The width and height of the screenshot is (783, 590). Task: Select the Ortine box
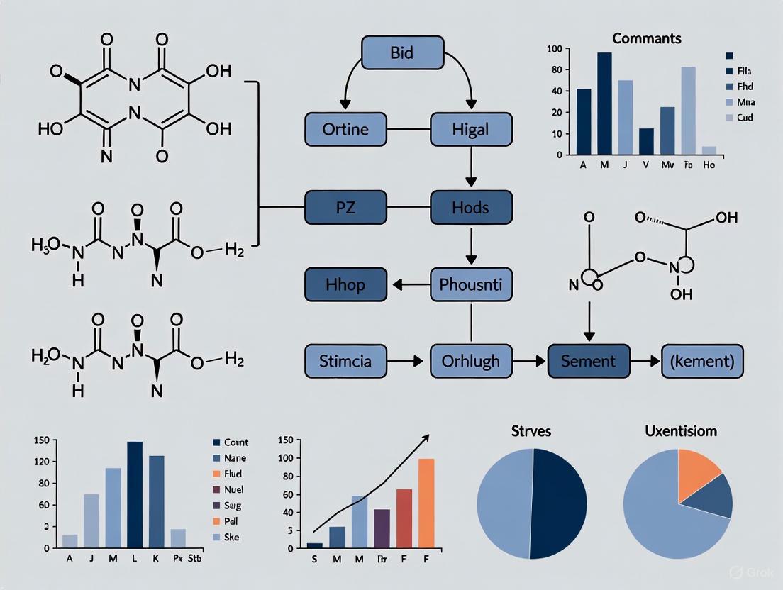(345, 130)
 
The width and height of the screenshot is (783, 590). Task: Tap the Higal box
(471, 130)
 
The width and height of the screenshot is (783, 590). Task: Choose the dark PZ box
(345, 207)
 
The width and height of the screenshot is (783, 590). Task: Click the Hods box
(471, 207)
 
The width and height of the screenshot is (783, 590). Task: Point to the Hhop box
(345, 284)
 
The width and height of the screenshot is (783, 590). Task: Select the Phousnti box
(471, 284)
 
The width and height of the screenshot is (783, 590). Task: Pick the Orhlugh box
(471, 361)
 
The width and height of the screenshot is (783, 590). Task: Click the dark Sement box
(589, 361)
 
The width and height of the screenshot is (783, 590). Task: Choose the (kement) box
(702, 361)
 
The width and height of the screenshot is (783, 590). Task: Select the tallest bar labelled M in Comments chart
(604, 104)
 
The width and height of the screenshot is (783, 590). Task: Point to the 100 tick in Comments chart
(555, 49)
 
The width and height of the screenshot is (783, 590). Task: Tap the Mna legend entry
(744, 102)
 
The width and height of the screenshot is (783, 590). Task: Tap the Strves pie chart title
(531, 431)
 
